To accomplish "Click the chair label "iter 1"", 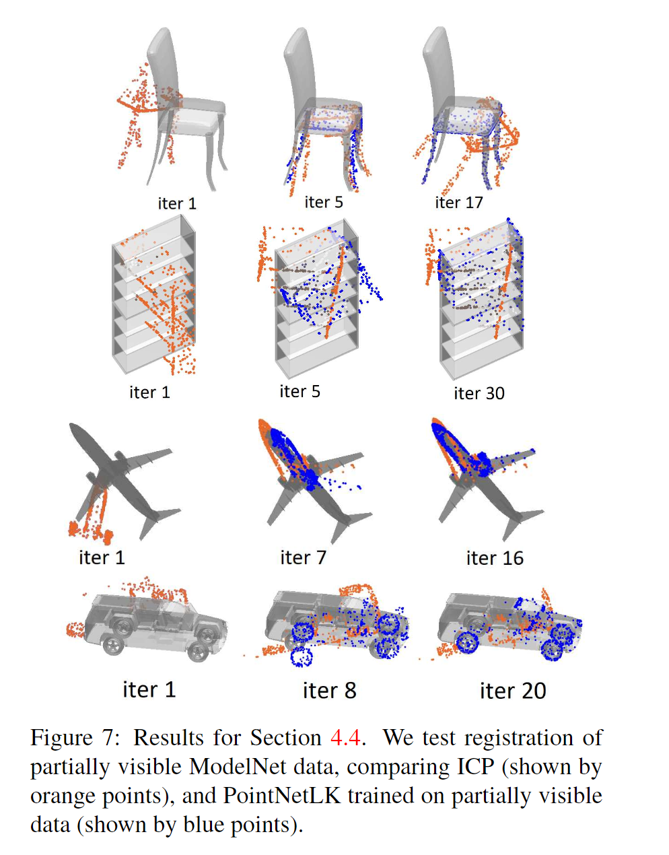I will pos(177,203).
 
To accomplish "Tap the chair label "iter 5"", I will pos(324,202).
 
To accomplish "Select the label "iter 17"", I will pos(459,202).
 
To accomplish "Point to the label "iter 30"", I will pos(479,393).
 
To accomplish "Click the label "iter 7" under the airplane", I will pos(303,557).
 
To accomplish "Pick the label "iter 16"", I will pos(495,558).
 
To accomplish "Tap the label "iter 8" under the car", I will pos(329,690).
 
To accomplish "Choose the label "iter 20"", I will pos(513,691).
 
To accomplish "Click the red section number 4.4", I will pos(346,738).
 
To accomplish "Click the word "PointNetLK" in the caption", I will pos(285,796).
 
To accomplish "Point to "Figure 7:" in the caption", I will pos(74,738).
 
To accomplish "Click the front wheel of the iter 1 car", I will pos(198,652).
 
